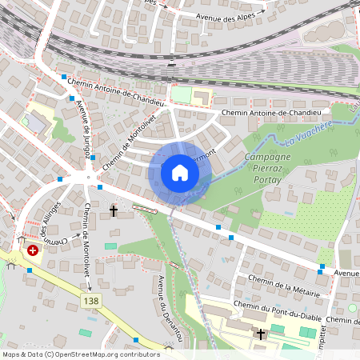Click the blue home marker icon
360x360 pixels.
click(179, 173)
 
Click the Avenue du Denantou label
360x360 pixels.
click(170, 309)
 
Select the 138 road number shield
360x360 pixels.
click(91, 301)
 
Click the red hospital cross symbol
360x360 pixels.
click(33, 250)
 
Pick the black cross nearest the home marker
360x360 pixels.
click(114, 212)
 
